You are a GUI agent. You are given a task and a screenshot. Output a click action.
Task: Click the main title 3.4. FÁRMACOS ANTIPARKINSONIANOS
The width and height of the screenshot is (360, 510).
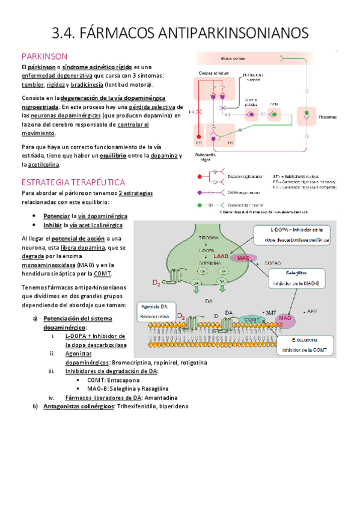[x=180, y=31]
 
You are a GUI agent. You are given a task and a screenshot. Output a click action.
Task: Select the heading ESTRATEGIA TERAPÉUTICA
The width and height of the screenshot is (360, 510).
[x=73, y=182]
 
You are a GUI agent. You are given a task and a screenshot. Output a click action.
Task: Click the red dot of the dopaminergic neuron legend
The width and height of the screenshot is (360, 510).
[x=199, y=176]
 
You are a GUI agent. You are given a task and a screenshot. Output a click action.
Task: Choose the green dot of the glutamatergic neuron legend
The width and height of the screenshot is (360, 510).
[x=199, y=204]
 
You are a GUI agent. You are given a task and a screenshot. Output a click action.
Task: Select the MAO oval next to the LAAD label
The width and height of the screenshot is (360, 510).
[x=243, y=257]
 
